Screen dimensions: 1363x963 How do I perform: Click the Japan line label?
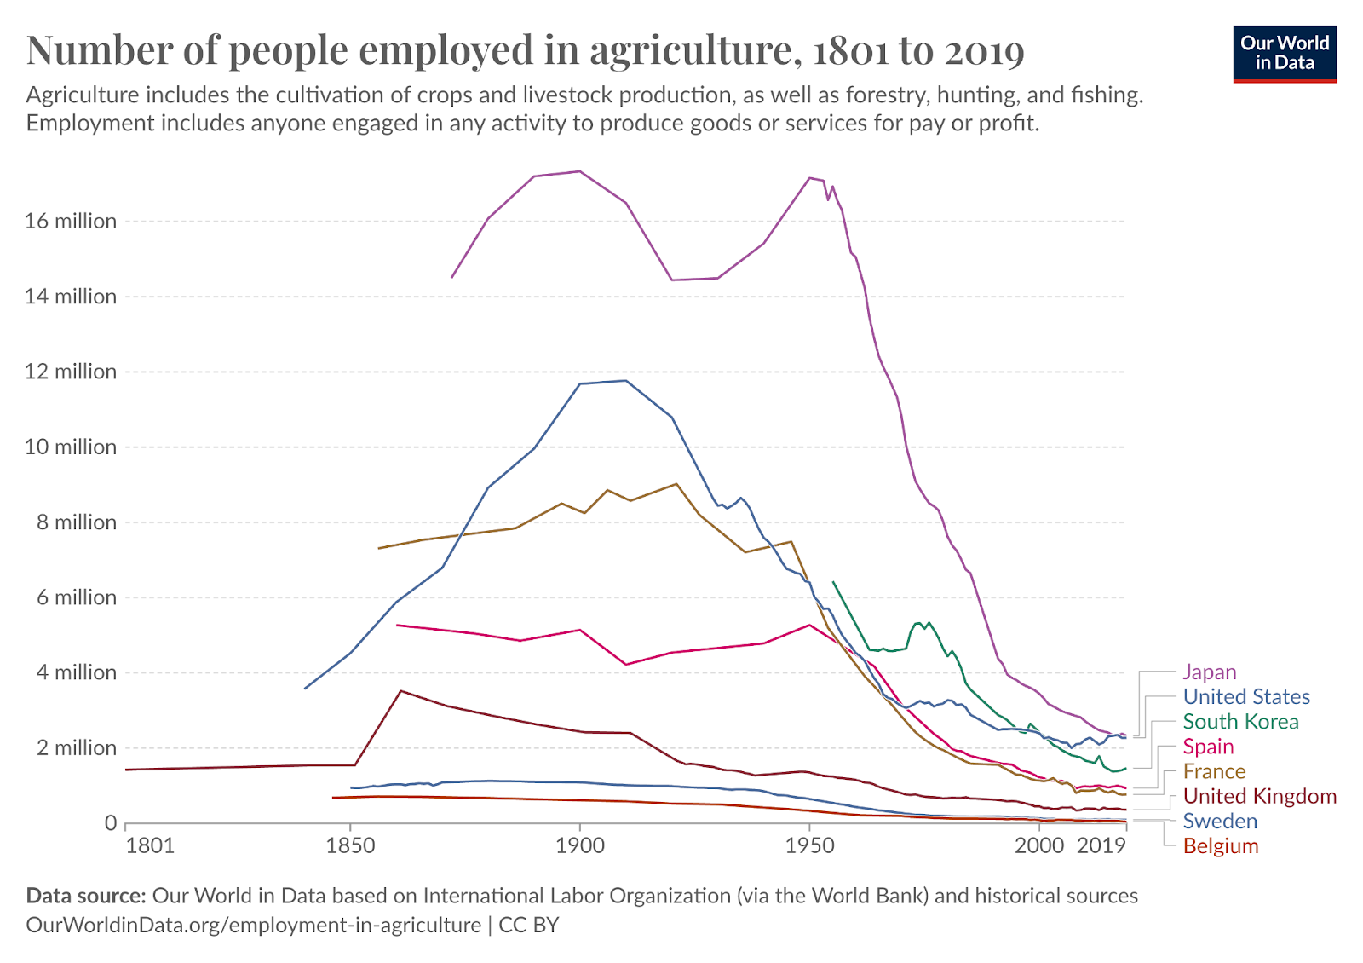tap(1209, 672)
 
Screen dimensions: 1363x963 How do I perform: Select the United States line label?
tap(1246, 696)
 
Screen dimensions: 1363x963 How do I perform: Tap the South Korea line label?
tap(1240, 721)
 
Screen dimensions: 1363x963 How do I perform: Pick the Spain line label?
tap(1209, 747)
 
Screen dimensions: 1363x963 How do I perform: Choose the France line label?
tap(1215, 771)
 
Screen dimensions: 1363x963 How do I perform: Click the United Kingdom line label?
tap(1260, 796)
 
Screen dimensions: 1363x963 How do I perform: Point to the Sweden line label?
tap(1220, 822)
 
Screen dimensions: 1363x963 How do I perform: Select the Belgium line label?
tap(1221, 846)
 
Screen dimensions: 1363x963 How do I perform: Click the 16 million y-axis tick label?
tap(71, 221)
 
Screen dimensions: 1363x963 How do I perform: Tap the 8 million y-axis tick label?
tap(77, 522)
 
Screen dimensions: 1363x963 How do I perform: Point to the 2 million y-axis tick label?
tap(77, 747)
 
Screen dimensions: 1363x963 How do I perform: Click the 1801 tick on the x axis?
tap(150, 845)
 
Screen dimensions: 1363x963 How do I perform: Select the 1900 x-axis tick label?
tap(580, 845)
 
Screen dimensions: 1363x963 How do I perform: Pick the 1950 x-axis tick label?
tap(809, 845)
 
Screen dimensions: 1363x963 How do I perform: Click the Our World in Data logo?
tap(1285, 54)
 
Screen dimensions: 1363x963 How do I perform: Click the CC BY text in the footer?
tap(528, 925)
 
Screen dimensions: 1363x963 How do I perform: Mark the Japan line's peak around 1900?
tap(579, 171)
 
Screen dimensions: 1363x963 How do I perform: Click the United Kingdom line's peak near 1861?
tap(400, 691)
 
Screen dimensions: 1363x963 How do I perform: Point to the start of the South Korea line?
tap(833, 582)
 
